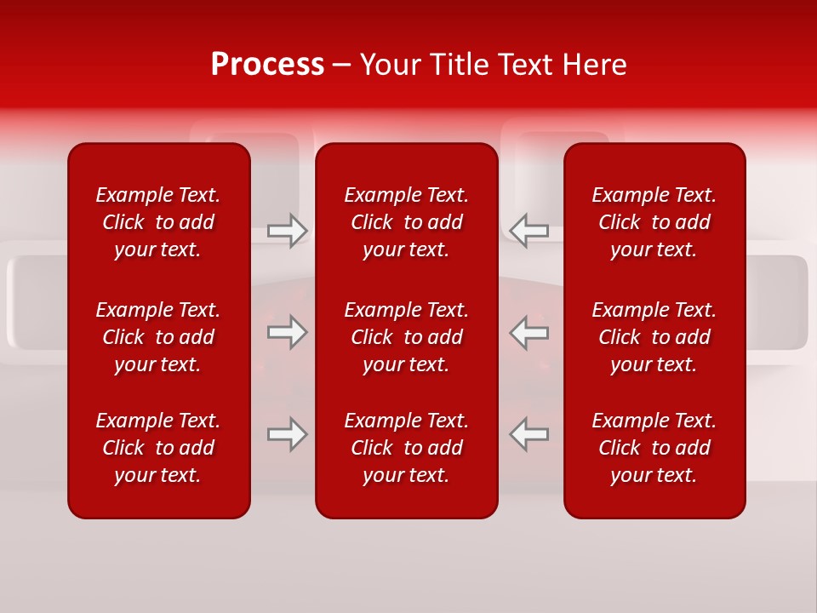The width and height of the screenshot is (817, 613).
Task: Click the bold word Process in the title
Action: [267, 65]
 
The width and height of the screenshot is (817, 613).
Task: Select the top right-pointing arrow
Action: [287, 231]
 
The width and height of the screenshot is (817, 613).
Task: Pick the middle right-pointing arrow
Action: [287, 332]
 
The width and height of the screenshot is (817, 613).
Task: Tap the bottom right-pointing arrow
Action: [287, 434]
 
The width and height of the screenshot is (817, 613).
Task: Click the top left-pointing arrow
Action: [528, 231]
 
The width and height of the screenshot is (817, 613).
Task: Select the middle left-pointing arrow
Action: [528, 332]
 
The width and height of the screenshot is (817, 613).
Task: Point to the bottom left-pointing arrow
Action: [528, 434]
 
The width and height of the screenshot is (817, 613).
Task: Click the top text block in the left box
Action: [158, 222]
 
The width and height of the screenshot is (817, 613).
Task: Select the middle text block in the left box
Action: [158, 337]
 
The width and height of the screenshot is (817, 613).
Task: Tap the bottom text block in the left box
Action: [158, 448]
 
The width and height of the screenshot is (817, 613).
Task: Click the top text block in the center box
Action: [406, 222]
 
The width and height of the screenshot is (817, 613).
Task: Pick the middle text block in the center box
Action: [406, 337]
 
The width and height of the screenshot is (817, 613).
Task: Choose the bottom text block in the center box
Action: [406, 448]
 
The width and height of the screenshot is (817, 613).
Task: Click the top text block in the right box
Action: [654, 222]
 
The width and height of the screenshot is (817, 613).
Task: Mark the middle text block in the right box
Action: [654, 337]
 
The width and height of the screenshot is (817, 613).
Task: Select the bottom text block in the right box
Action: [654, 448]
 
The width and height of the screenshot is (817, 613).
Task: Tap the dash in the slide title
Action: [341, 66]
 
